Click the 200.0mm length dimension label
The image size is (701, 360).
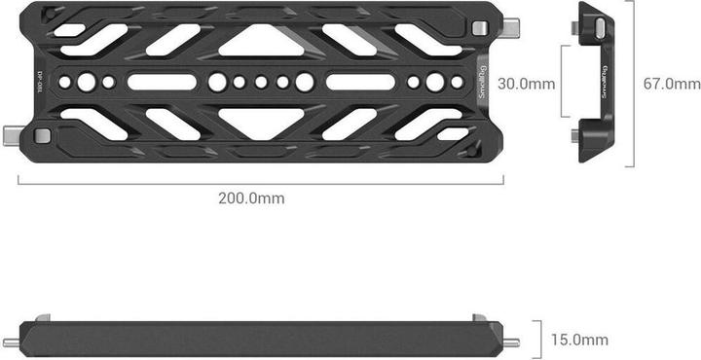pyautogui.click(x=251, y=198)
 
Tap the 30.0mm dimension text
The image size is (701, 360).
pyautogui.click(x=526, y=84)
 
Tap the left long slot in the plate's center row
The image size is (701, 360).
pyautogui.click(x=164, y=82)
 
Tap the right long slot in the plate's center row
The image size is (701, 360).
pyautogui.click(x=362, y=82)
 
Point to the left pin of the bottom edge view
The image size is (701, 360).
pyautogui.click(x=11, y=342)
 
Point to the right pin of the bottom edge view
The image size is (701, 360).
pyautogui.click(x=512, y=342)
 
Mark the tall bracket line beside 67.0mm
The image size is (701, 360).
pyautogui.click(x=633, y=83)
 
